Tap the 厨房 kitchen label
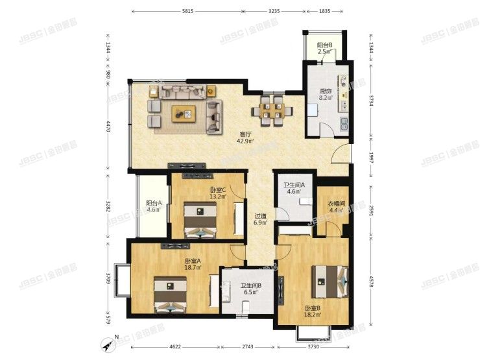[x=326, y=91]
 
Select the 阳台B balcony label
[x=325, y=45]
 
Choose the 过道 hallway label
[x=260, y=217]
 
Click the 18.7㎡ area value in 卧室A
[x=193, y=267]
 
